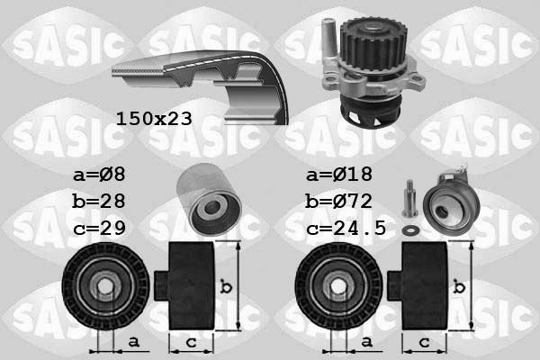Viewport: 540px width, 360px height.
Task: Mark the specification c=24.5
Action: click(x=346, y=229)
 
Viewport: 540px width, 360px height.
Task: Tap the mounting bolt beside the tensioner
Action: click(x=409, y=200)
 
